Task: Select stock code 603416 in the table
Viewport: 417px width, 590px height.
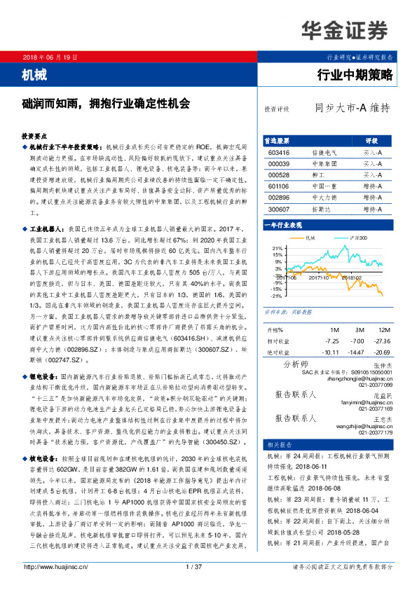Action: click(x=279, y=152)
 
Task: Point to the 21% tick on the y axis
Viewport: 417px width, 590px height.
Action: click(x=277, y=248)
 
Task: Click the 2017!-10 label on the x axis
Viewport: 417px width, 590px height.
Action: click(x=314, y=277)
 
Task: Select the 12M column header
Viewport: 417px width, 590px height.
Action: click(x=383, y=329)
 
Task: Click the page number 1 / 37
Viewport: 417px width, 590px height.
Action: click(x=194, y=567)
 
